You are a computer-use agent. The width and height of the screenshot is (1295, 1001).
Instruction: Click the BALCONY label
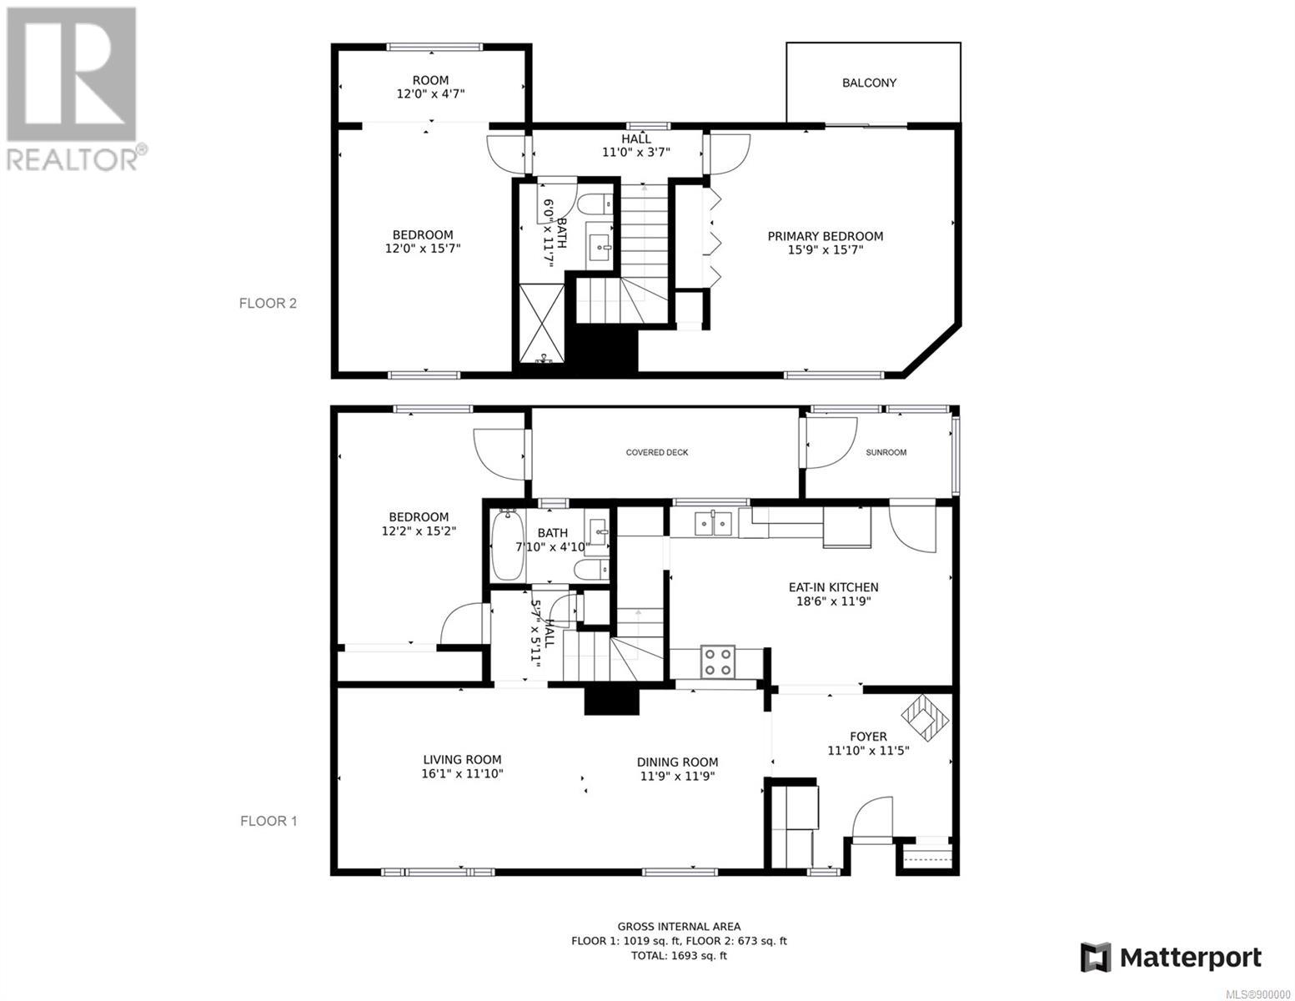click(869, 83)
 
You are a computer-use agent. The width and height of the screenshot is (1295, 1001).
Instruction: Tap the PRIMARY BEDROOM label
click(825, 236)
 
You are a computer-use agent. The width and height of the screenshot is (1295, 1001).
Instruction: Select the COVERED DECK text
click(657, 452)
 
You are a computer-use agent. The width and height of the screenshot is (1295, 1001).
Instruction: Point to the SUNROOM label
click(886, 452)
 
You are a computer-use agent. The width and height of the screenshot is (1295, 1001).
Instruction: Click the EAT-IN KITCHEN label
click(833, 587)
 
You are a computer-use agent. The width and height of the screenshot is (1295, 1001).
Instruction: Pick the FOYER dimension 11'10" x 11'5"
click(868, 751)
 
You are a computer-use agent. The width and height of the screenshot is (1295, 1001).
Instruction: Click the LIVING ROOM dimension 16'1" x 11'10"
click(462, 774)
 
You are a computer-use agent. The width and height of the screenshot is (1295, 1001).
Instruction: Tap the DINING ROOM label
click(677, 762)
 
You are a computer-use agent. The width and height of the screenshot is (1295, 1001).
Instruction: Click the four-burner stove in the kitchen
click(717, 661)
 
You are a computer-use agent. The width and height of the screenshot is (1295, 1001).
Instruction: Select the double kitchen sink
click(713, 524)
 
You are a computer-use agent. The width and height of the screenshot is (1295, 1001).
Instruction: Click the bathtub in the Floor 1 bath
click(507, 545)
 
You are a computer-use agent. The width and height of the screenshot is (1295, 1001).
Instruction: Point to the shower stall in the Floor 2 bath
click(542, 324)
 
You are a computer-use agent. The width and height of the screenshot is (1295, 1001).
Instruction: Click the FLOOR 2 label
click(268, 304)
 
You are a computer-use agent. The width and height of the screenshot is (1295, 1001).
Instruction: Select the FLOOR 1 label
click(269, 821)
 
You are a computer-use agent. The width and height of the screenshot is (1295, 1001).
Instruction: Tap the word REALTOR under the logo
click(71, 159)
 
